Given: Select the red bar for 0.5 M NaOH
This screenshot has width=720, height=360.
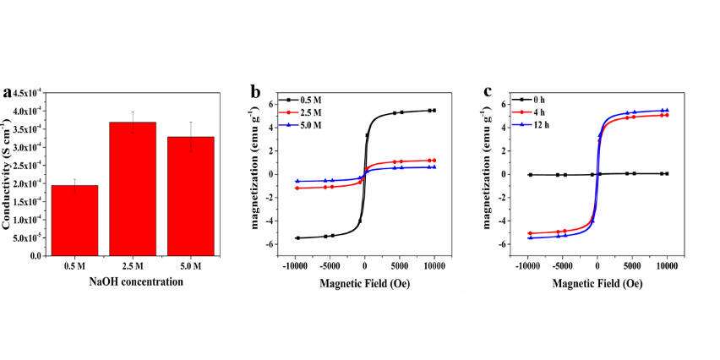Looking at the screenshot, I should point(74,220).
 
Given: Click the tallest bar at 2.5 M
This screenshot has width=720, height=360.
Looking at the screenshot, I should point(133,188).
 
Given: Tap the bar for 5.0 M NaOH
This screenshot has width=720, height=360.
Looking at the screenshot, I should point(190,195).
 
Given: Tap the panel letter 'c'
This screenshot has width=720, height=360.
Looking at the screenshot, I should point(488,92).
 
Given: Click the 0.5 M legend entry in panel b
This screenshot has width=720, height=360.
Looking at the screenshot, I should point(303,101).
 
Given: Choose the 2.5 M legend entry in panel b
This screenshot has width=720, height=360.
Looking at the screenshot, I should point(303,112).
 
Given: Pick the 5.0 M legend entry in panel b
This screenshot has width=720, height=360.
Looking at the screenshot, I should point(303,125).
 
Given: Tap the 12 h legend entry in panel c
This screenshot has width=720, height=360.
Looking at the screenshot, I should point(537,125).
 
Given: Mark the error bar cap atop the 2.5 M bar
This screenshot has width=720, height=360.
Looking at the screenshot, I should point(133,112).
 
